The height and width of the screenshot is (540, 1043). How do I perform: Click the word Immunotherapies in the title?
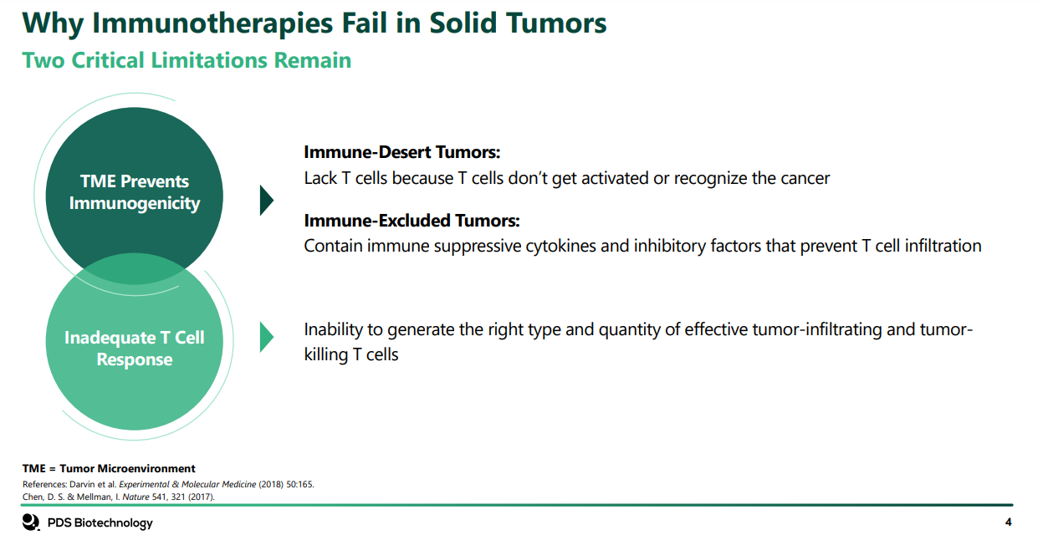click(212, 23)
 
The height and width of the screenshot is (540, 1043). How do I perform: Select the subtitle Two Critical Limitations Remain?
click(187, 60)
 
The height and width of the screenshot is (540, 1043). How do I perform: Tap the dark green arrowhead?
click(266, 200)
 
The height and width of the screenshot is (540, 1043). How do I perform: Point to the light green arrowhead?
click(266, 337)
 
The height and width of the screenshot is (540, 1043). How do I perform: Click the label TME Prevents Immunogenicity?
click(135, 192)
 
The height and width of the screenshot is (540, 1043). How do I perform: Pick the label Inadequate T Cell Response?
click(135, 349)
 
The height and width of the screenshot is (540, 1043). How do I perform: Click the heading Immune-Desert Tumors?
click(401, 152)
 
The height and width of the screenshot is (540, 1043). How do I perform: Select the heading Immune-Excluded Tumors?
click(412, 221)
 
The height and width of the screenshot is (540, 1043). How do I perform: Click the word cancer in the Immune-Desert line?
click(805, 178)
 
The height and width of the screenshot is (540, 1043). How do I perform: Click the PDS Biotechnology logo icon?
click(31, 522)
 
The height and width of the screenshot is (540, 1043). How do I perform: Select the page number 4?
click(1008, 522)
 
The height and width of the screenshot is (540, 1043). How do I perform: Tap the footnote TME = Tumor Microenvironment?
click(109, 468)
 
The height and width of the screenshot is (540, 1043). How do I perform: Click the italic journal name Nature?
click(135, 497)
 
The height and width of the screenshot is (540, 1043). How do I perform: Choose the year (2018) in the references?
click(271, 484)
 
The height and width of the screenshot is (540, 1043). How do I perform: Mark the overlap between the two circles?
click(135, 268)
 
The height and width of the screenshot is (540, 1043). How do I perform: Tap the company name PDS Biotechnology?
click(100, 522)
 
